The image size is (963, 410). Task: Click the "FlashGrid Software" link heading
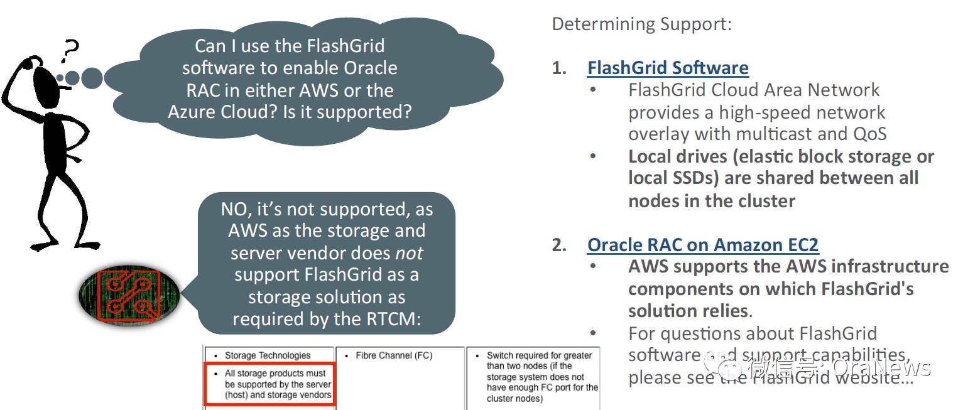668,68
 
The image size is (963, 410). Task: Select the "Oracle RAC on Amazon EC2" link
703,245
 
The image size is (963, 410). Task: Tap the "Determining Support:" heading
641,24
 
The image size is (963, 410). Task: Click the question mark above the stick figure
71,51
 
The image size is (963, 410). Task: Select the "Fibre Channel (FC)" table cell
394,355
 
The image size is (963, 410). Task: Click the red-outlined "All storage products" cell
269,384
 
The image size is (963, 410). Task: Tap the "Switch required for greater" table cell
533,376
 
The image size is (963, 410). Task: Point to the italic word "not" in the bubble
408,252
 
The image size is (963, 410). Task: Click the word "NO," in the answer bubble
236,208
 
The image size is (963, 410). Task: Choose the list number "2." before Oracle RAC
559,245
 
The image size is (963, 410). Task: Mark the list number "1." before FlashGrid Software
559,68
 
